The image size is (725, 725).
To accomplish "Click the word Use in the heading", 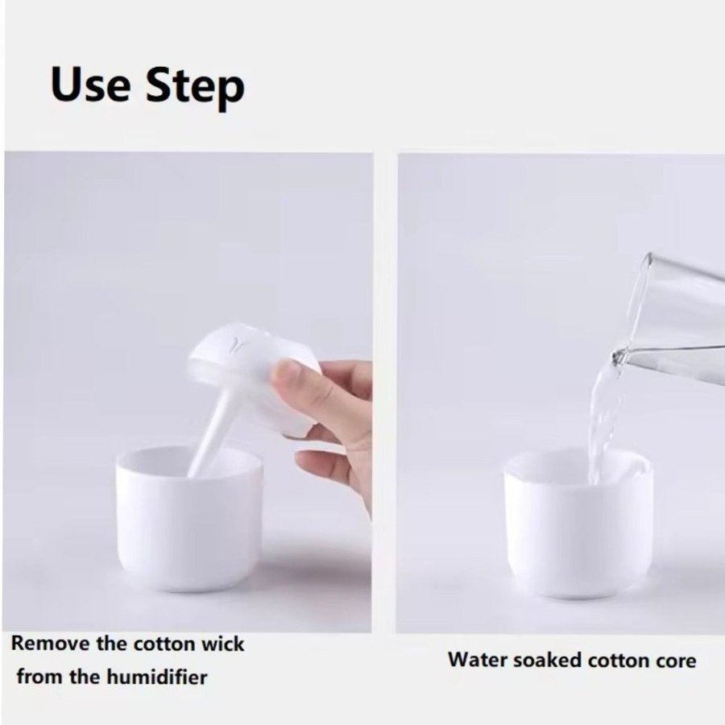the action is click(90, 85).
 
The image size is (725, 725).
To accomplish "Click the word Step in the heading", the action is click(195, 88).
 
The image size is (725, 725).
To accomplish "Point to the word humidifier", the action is click(157, 677).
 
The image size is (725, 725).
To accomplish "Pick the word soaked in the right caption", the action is click(548, 660).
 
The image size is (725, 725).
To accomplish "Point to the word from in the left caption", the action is click(39, 677).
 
